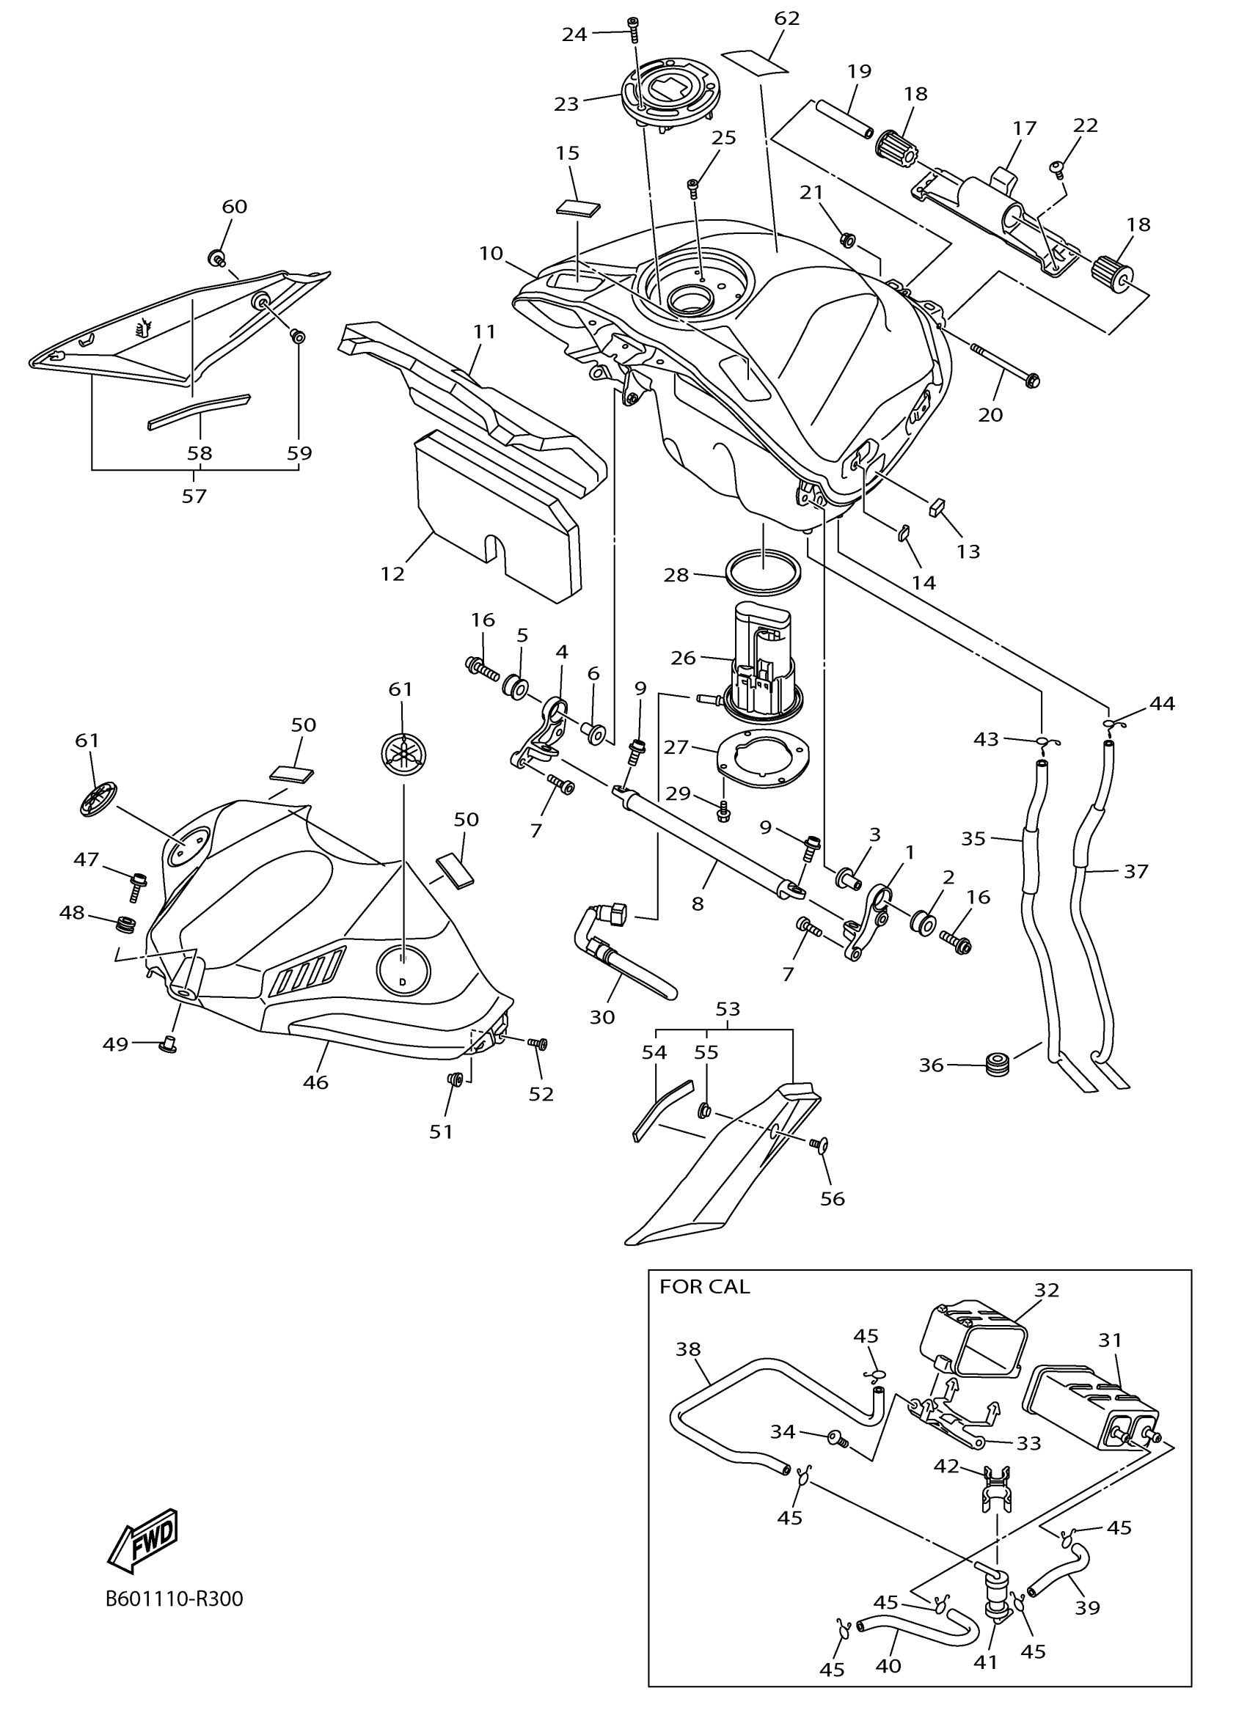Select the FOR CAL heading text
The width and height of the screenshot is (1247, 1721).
coord(703,1286)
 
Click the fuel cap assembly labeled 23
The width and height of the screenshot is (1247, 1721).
coord(668,101)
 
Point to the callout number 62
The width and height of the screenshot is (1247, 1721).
coord(787,18)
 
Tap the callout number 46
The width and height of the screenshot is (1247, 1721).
coord(315,1082)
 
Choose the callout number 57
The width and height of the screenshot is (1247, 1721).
coord(194,496)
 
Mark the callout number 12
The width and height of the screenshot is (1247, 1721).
coord(392,573)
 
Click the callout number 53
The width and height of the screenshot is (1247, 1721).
coord(727,1008)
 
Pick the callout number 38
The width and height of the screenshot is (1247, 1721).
coord(687,1348)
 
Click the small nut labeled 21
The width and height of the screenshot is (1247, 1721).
coord(848,241)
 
